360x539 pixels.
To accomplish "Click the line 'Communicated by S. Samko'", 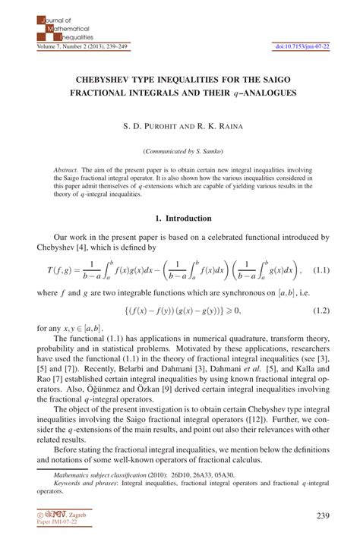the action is pos(180,150).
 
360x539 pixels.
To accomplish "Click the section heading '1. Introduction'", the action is pos(180,218).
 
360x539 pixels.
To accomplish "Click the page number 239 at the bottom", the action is pos(321,517).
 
